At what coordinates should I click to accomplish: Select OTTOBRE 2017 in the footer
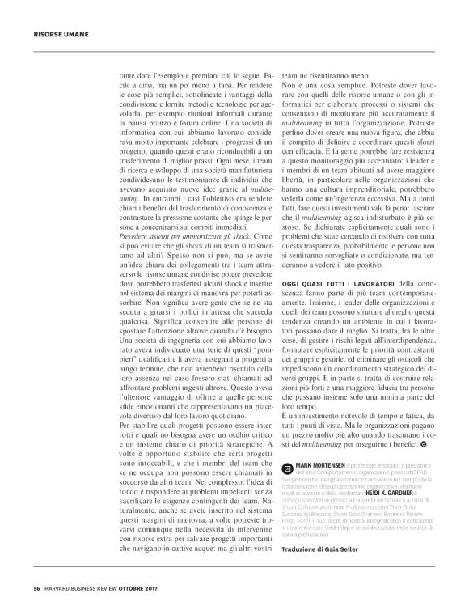coord(153,587)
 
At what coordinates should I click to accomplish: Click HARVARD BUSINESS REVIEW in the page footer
coord(87,587)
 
